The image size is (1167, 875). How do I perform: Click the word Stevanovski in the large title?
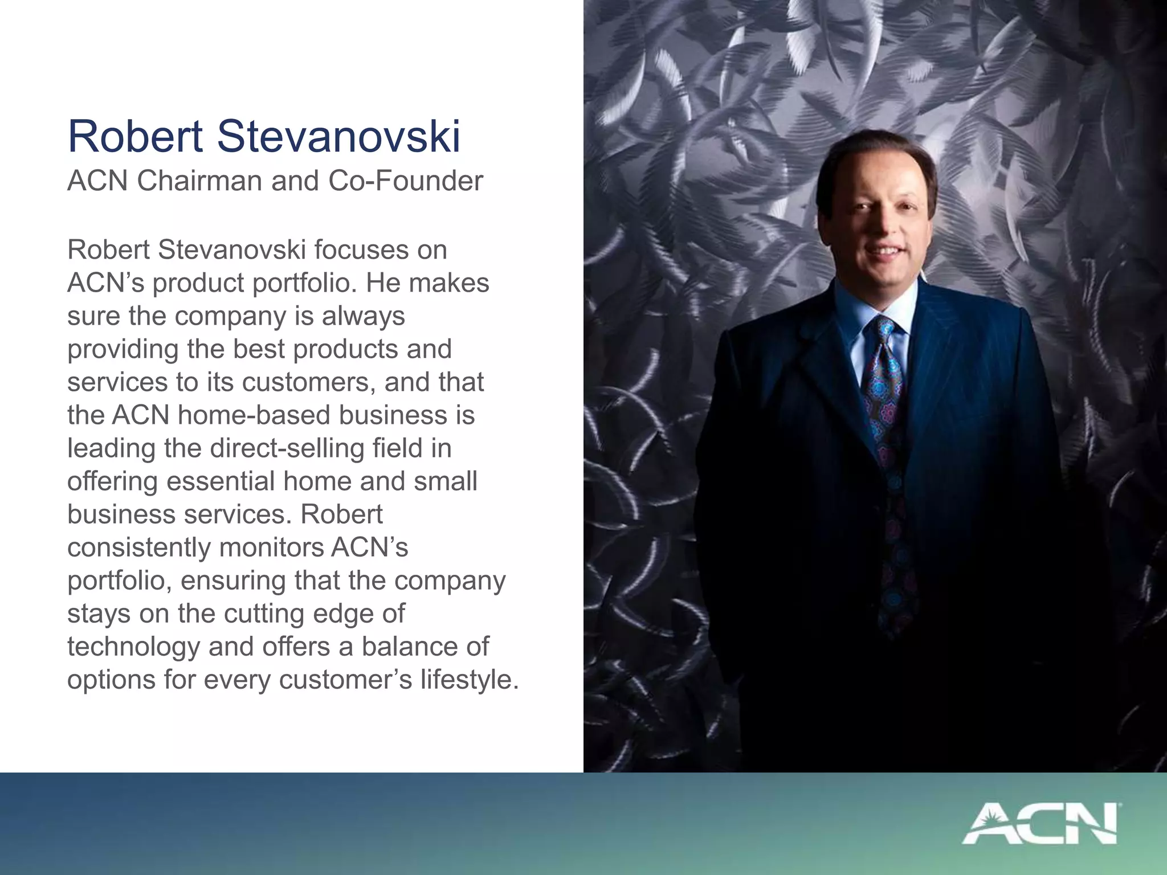point(338,137)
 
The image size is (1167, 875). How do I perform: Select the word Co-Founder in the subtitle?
point(406,181)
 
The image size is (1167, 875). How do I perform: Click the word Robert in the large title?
point(135,137)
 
